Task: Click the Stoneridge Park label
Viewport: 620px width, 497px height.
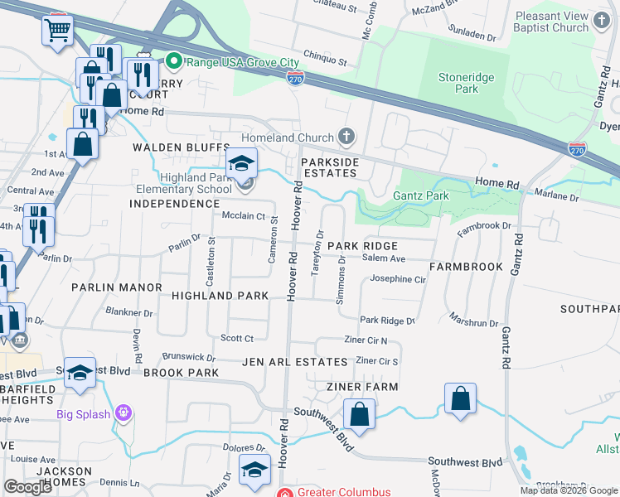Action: pyautogui.click(x=466, y=84)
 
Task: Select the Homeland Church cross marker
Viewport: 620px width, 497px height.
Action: pyautogui.click(x=347, y=137)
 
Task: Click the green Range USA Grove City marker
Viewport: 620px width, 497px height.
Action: pyautogui.click(x=174, y=60)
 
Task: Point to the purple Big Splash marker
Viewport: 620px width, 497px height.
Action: pyautogui.click(x=124, y=413)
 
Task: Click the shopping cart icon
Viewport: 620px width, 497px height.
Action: pyautogui.click(x=58, y=31)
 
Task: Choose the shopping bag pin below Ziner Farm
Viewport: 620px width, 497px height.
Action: pyautogui.click(x=359, y=414)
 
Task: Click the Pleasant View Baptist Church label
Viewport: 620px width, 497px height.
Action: pyautogui.click(x=551, y=22)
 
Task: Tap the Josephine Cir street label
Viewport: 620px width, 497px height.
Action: pyautogui.click(x=398, y=279)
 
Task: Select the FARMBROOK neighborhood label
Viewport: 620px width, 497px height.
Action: pyautogui.click(x=466, y=267)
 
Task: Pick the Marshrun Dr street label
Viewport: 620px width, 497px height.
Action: pyautogui.click(x=474, y=323)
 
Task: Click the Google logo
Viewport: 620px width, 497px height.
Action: pyautogui.click(x=27, y=487)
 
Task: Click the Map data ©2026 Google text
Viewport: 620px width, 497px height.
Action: pyautogui.click(x=568, y=490)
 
